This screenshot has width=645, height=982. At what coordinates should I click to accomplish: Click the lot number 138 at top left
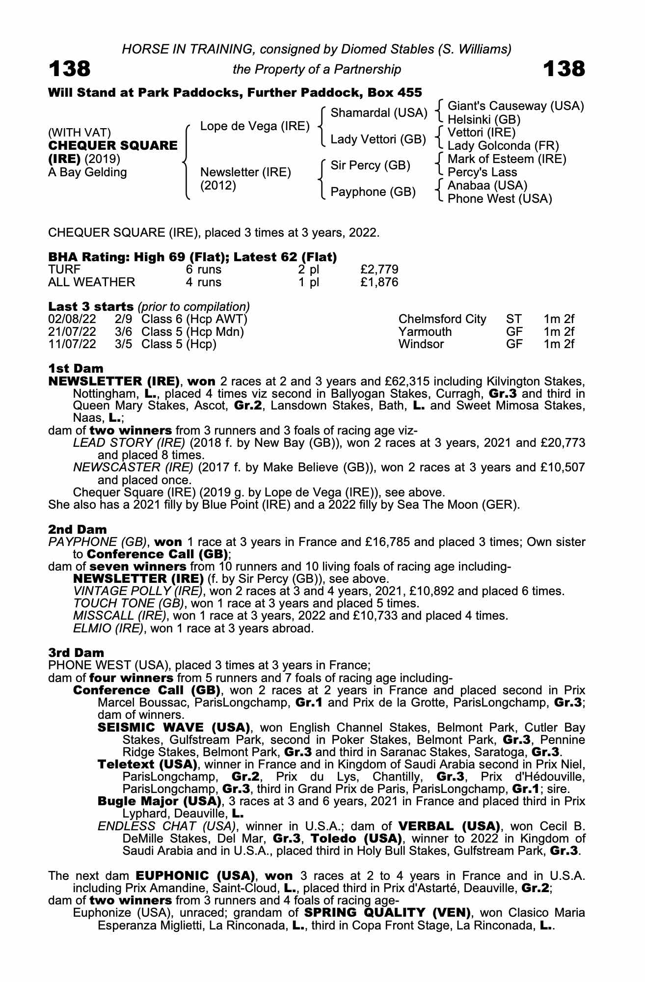click(69, 69)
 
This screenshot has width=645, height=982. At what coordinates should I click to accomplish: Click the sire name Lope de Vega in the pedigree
click(255, 126)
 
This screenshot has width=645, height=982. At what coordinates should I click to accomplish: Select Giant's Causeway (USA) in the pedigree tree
click(515, 106)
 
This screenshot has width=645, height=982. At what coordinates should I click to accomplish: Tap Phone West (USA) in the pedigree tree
click(500, 199)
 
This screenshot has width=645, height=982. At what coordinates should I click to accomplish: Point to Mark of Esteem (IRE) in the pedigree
click(507, 159)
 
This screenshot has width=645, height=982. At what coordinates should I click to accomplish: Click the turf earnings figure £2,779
click(379, 270)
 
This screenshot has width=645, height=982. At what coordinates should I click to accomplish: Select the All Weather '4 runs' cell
click(202, 282)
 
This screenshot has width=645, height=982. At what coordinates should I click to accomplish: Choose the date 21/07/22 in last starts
click(72, 332)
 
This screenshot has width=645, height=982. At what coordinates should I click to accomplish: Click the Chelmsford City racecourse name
click(442, 319)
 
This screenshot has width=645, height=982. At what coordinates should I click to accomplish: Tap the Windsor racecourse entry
click(421, 344)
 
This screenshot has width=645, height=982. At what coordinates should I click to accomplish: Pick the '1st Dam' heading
click(76, 368)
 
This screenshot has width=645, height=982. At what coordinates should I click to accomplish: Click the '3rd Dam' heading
click(76, 653)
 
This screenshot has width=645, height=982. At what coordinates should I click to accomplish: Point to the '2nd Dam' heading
click(77, 529)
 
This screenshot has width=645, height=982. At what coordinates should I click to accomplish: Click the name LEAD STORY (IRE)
click(129, 443)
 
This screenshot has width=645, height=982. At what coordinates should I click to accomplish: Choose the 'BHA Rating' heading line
click(192, 257)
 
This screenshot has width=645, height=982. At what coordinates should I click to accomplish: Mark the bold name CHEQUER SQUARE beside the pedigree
click(113, 146)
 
